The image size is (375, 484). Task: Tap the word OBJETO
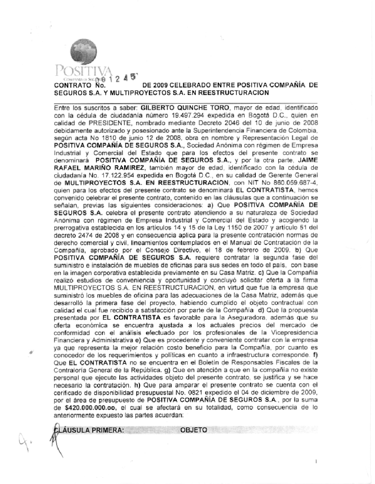click(193, 430)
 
